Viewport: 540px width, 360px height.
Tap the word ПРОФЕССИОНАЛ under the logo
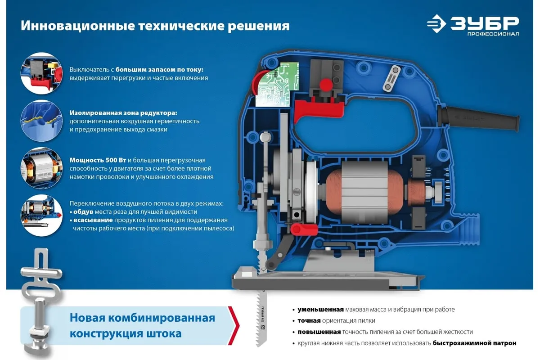(x=493, y=34)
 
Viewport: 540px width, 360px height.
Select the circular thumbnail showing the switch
(x=41, y=73)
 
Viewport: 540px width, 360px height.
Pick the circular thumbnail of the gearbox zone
(x=41, y=121)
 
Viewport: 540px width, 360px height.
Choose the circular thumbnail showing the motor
(x=41, y=168)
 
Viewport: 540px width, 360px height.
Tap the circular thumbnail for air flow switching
(x=41, y=215)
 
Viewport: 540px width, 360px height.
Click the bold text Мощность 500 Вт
(x=98, y=160)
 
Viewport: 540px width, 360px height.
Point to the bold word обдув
(x=83, y=212)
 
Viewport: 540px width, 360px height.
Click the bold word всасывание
(x=93, y=220)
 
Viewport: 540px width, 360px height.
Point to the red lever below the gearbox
(x=304, y=229)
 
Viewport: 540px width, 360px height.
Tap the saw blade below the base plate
(x=262, y=318)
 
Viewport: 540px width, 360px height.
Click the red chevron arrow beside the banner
(x=234, y=325)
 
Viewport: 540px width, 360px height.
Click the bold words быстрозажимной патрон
(x=474, y=343)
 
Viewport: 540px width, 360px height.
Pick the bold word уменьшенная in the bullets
(x=320, y=310)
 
